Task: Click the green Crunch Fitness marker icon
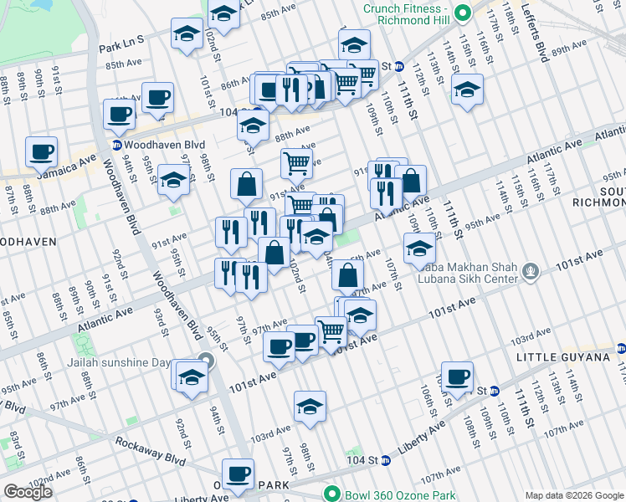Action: tap(469, 13)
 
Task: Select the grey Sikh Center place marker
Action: tap(530, 270)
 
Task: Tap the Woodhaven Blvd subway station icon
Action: tap(116, 145)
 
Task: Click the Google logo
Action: tap(28, 492)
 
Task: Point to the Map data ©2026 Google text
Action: tap(573, 495)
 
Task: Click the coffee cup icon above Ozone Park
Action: tap(239, 473)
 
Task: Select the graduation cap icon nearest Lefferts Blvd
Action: tap(467, 89)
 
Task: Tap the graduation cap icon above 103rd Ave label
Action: tap(310, 406)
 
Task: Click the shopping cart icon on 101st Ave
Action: tap(331, 331)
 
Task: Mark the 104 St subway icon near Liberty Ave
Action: tap(386, 460)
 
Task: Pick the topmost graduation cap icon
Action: tap(224, 13)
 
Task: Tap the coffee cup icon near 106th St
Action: tap(457, 376)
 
